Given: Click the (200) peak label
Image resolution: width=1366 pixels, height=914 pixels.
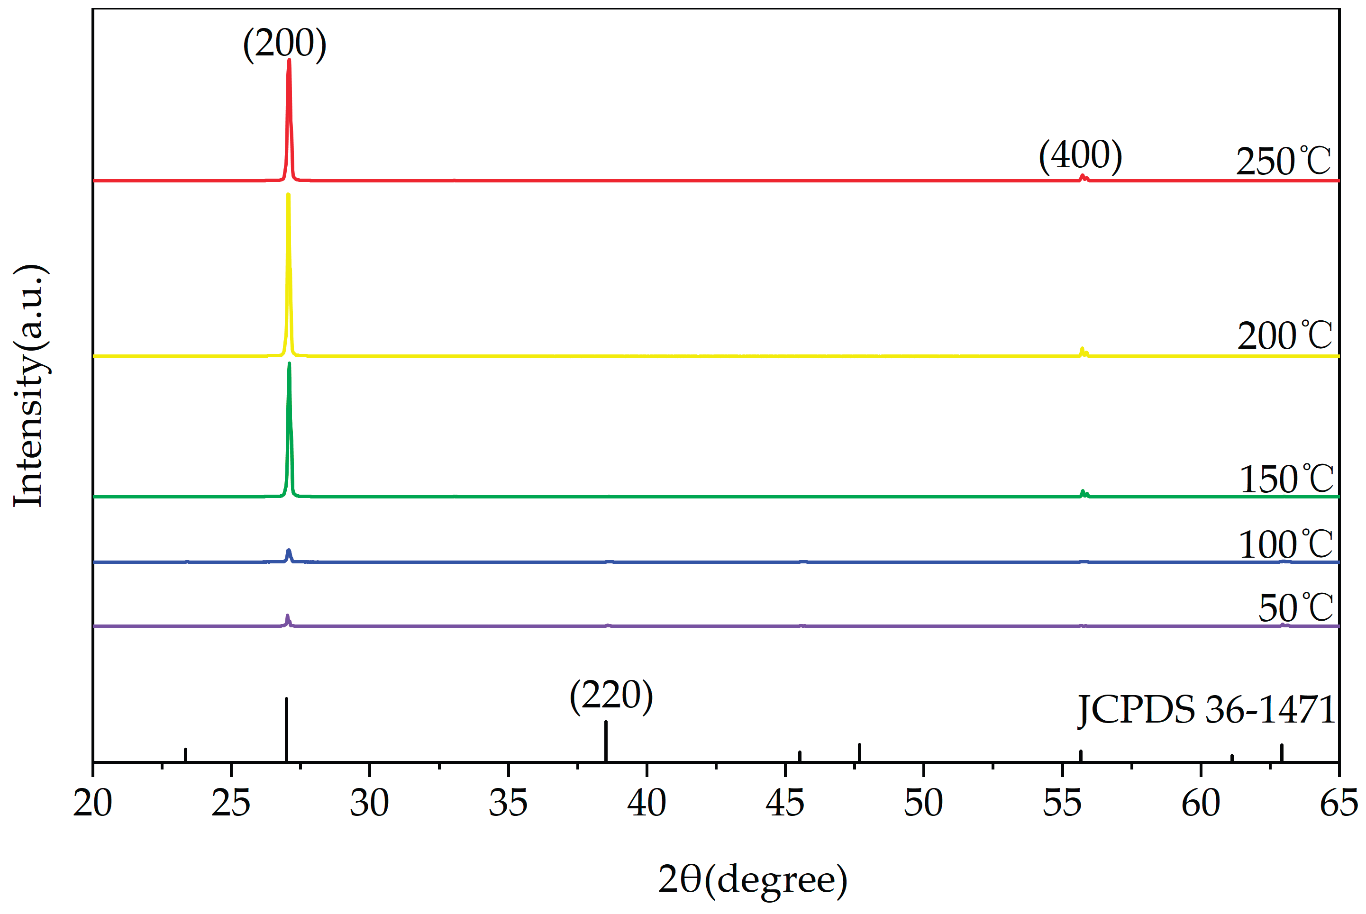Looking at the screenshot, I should point(284,44).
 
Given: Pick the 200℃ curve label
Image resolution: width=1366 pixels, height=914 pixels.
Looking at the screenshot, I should point(1284,336).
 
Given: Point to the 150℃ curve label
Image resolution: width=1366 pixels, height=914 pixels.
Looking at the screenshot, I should point(1285,479).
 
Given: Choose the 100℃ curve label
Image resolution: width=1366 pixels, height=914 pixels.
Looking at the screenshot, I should point(1285,544).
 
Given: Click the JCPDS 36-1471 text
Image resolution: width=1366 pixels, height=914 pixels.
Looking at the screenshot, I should point(1206,710).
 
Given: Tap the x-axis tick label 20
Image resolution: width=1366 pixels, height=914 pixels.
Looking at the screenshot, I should point(93,803).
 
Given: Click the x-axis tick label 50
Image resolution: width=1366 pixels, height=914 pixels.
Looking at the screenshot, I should point(923,803).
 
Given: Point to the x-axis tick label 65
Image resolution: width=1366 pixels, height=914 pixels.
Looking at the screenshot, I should point(1339,803).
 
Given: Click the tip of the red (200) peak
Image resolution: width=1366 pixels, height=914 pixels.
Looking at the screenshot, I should point(289,60).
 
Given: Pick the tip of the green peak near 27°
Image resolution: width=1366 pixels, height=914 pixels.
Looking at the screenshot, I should point(289,364).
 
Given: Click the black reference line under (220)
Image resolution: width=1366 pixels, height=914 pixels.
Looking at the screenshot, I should point(606,742).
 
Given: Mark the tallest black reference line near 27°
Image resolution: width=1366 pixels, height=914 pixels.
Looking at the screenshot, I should point(286,729).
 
